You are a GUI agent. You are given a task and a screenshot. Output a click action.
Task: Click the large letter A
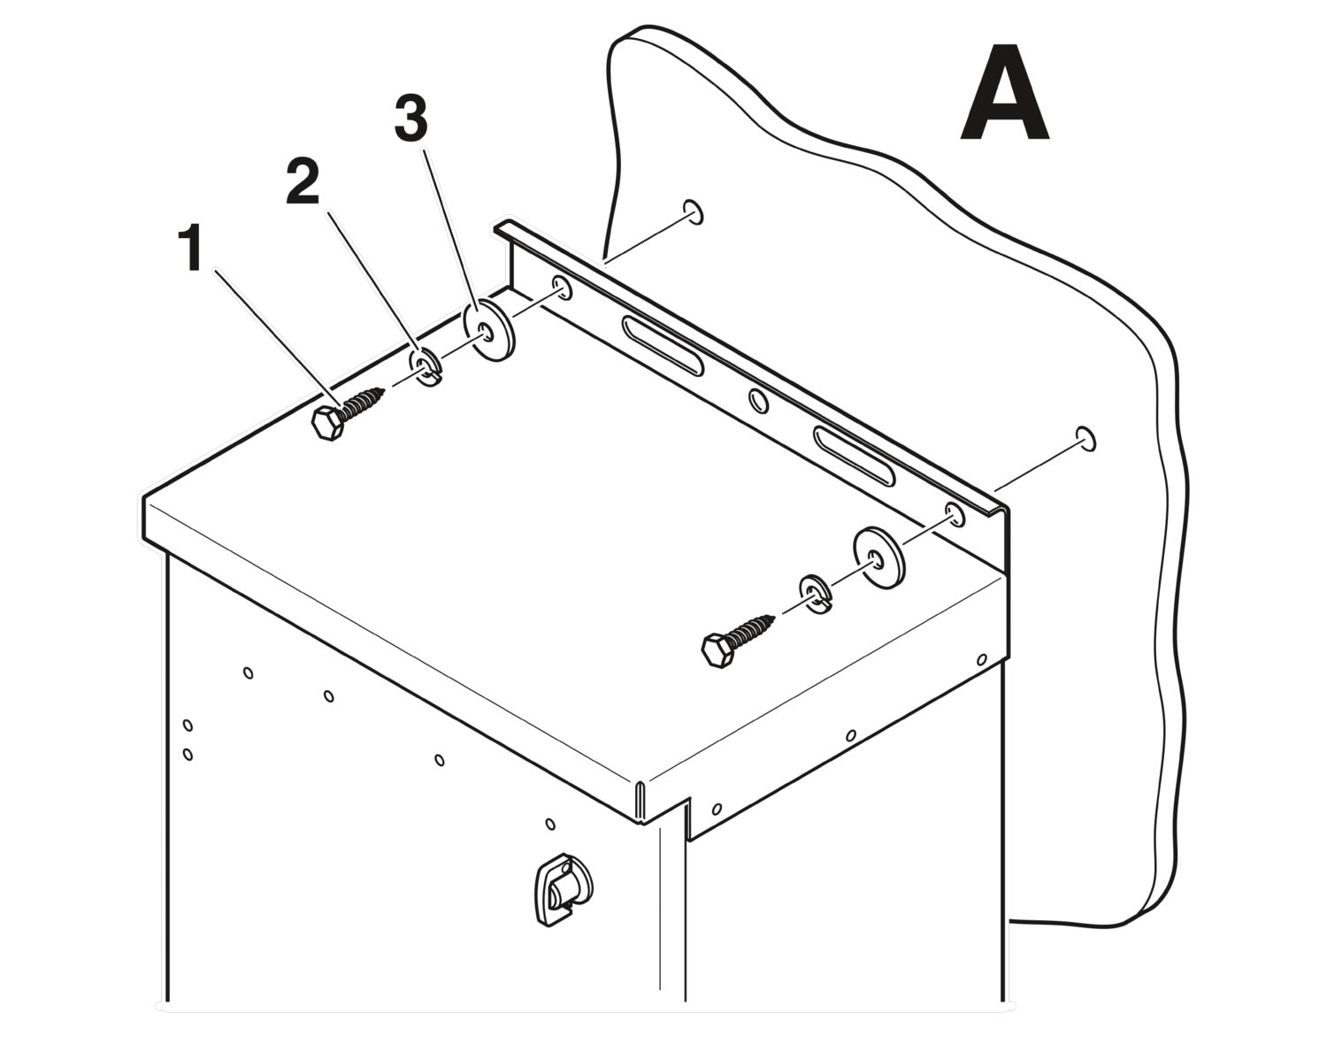[x=1004, y=92]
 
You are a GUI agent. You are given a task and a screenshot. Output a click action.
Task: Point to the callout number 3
[x=410, y=119]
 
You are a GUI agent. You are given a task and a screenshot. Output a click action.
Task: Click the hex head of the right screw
[x=718, y=651]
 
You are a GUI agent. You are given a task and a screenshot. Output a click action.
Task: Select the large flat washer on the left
[x=488, y=330]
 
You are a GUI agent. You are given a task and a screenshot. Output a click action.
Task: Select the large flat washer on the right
[x=879, y=557]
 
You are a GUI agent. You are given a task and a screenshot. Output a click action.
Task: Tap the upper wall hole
[x=693, y=212]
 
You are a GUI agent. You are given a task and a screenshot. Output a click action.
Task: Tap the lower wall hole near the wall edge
[x=1085, y=440]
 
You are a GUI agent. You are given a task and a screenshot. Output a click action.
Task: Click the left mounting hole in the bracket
[x=562, y=288]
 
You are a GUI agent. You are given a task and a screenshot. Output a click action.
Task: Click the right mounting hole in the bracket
[x=955, y=514]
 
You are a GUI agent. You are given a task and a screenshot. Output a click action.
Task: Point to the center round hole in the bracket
[x=758, y=401]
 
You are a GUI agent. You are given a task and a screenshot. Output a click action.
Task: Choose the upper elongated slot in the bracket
[x=663, y=345]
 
